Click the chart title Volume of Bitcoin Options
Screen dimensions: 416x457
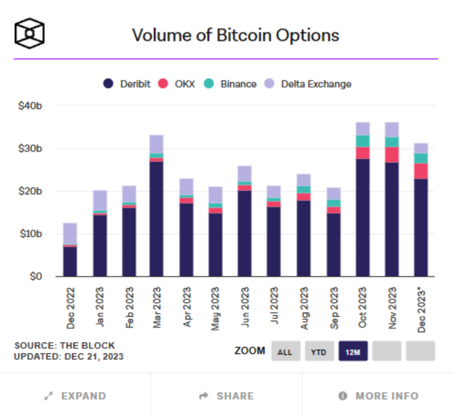(236, 35)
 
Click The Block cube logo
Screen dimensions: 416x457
(29, 33)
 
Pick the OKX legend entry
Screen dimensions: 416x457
(177, 84)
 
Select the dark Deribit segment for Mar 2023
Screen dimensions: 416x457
(156, 218)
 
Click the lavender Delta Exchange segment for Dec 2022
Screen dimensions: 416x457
(70, 233)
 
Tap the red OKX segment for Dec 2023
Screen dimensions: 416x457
(421, 171)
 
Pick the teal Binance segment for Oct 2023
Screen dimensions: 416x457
(362, 141)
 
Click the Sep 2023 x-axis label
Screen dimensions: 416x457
(335, 308)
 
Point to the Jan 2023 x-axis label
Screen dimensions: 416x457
(100, 308)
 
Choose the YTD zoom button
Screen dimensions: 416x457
(319, 352)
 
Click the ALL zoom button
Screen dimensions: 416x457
(285, 352)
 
